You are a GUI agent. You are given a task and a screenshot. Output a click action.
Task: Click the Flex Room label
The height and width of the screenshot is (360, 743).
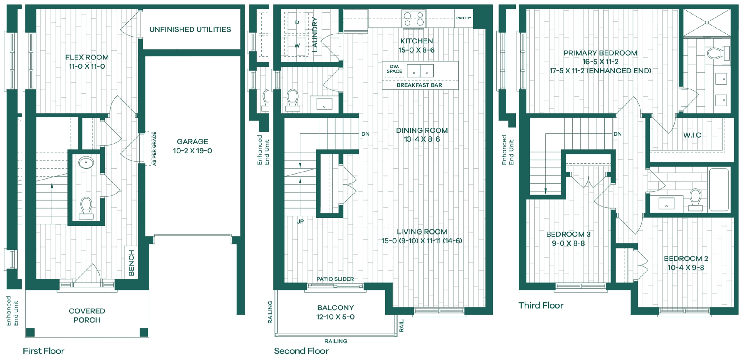point(87,57)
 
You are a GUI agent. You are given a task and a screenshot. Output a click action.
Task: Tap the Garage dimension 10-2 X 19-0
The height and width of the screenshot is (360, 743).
point(193,151)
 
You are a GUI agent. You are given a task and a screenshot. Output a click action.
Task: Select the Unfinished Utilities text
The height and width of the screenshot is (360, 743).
point(190,29)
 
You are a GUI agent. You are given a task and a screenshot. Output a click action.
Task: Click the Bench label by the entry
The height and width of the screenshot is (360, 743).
point(131,263)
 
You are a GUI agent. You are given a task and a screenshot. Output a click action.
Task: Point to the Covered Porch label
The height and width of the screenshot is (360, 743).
point(87,315)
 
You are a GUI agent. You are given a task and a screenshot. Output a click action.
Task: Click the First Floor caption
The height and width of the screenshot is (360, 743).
point(44,351)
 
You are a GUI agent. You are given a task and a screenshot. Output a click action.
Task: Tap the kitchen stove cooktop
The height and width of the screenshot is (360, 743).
point(413,18)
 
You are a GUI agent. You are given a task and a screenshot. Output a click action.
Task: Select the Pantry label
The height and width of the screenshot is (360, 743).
point(464,18)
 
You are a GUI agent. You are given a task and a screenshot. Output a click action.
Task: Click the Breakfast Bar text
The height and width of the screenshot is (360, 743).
point(419,85)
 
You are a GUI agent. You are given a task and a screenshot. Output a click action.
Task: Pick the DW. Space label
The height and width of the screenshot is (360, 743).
point(394,69)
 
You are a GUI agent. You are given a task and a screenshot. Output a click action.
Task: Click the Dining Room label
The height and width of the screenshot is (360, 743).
point(422,130)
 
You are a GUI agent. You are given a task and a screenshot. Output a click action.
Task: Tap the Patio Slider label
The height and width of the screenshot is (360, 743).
point(335,279)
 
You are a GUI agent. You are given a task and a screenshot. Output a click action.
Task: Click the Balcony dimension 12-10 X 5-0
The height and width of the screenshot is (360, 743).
point(335,317)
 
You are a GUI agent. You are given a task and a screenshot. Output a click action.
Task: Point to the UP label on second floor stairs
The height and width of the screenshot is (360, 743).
point(300,221)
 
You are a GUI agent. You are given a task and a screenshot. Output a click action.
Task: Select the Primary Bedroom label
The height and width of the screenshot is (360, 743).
point(600,53)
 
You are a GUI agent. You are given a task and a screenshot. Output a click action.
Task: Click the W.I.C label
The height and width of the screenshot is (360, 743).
point(692,135)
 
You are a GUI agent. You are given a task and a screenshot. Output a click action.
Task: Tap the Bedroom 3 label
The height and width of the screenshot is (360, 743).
point(568,234)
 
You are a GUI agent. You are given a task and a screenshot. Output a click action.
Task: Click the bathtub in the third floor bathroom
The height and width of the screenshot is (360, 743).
point(719,189)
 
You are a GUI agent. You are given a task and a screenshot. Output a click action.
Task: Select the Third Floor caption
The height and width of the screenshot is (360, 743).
point(541,305)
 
